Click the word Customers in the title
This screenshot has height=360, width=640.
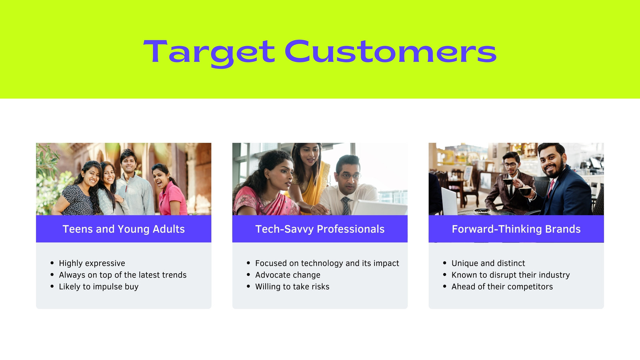click(390, 51)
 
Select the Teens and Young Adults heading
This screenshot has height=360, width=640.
click(124, 229)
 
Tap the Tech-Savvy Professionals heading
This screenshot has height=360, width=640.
click(320, 229)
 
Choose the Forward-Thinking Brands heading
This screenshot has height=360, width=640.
click(516, 229)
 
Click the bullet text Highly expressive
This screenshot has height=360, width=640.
click(92, 263)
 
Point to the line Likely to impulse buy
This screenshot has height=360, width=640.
click(98, 286)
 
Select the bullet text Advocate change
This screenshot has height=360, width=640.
click(288, 275)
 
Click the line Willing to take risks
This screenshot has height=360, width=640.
click(292, 286)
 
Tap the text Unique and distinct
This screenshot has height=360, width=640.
click(488, 263)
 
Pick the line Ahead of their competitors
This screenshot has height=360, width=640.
click(502, 286)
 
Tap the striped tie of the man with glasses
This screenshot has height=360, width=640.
click(346, 206)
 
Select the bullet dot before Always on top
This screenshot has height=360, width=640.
click(52, 274)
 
